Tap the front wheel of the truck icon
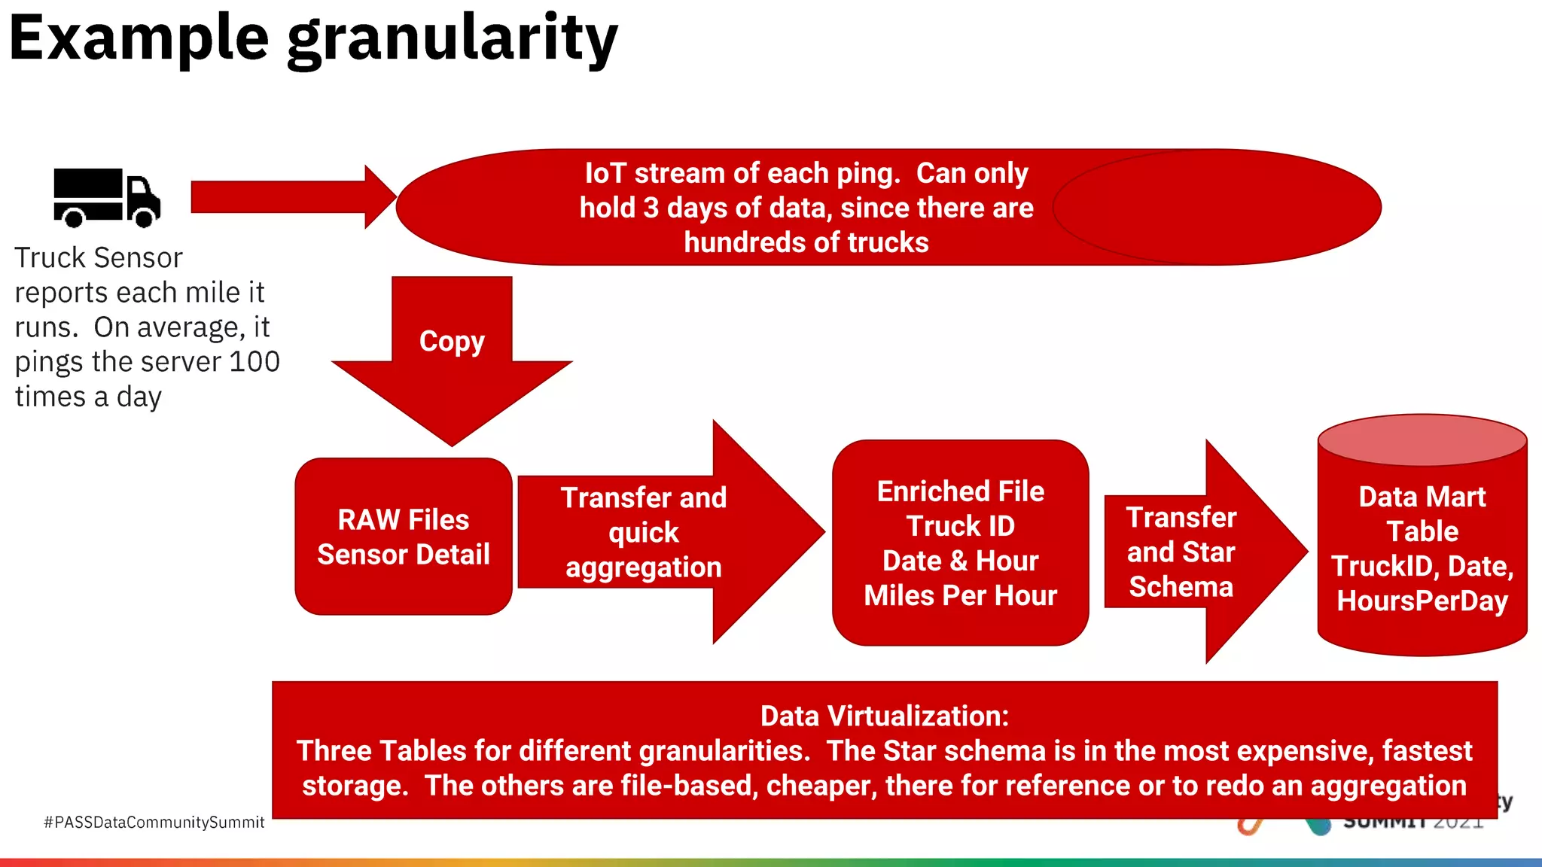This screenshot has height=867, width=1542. [x=144, y=217]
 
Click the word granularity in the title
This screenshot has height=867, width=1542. [x=452, y=39]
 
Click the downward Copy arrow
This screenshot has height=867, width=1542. [x=452, y=361]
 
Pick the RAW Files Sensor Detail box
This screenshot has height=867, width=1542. [x=404, y=537]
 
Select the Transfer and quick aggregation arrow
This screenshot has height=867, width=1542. [x=663, y=532]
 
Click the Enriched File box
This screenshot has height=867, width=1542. [x=960, y=543]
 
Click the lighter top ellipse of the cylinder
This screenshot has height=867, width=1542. [x=1422, y=440]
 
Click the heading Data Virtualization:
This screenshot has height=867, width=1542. [x=884, y=716]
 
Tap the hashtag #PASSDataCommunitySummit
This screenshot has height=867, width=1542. [x=154, y=823]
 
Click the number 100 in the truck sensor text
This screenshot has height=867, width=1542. [x=254, y=362]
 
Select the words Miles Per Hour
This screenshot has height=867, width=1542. [x=960, y=595]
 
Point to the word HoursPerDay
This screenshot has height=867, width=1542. [x=1422, y=601]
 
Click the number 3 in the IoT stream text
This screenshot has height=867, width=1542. [x=651, y=208]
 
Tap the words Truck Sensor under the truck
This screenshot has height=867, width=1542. [x=99, y=258]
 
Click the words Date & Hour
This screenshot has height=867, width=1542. [x=960, y=561]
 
